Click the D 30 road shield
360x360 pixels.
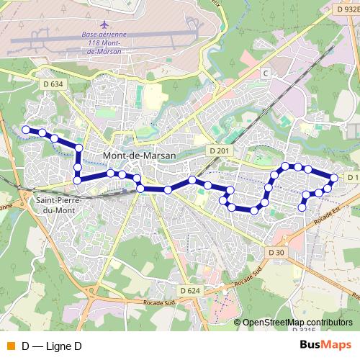pos(276,252)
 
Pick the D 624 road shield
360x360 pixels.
pos(189,290)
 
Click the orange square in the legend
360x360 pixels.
pos(10,346)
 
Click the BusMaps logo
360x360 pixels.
pos(325,346)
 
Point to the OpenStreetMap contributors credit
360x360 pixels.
pos(297,323)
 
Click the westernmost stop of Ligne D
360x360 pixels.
pos(26,130)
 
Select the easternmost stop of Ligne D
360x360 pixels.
pos(334,178)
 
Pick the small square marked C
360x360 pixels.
pos(265,73)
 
